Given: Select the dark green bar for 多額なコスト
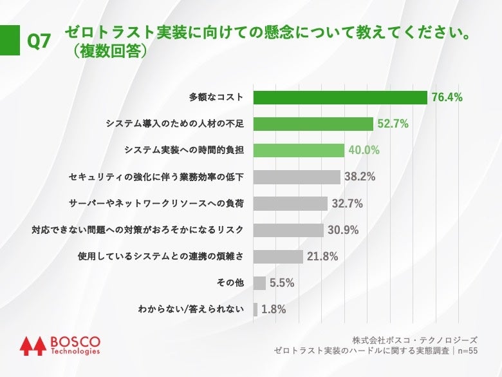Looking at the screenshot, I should click(340, 97).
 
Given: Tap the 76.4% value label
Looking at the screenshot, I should click(447, 97).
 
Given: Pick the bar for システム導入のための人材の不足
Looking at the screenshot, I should click(313, 124).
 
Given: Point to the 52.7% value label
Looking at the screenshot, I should click(393, 124).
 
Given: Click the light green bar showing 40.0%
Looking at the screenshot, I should click(299, 150).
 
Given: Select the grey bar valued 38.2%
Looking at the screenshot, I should click(297, 177).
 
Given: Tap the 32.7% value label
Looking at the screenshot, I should click(348, 204).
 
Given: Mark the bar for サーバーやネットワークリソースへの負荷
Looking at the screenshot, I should click(290, 204).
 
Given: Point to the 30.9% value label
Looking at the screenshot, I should click(344, 230).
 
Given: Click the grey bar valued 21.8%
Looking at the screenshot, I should click(278, 256).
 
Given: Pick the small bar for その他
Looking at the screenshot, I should click(259, 283).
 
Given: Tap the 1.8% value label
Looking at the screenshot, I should click(274, 309).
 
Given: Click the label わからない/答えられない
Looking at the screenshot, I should click(191, 309).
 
